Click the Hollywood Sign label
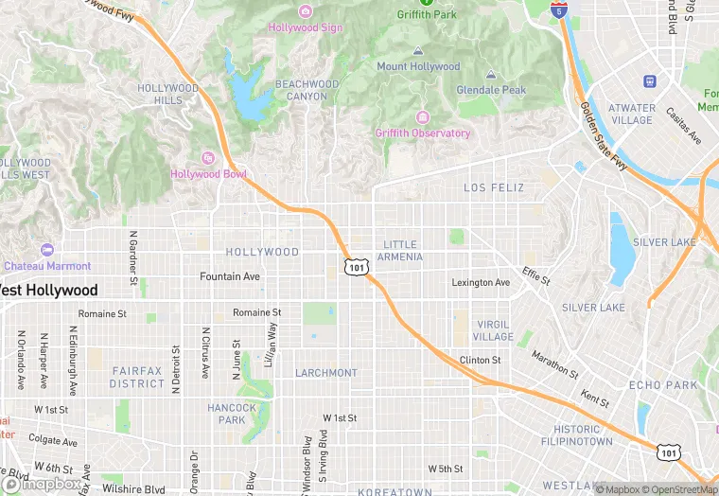tap(305, 27)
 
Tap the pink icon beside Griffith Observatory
tap(422, 117)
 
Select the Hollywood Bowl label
tap(208, 174)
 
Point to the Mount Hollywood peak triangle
tap(417, 51)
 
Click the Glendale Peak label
tap(491, 90)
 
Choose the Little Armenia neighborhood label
tap(397, 251)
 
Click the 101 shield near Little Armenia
tap(356, 268)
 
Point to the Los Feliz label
tap(493, 188)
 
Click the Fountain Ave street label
tap(229, 276)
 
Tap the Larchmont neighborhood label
tap(325, 373)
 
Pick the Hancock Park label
tap(232, 414)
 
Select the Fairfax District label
tap(137, 378)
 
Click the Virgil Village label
tap(493, 330)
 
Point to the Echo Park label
tap(663, 385)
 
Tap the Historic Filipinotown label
tap(576, 435)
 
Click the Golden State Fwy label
tap(605, 138)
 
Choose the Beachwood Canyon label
tap(307, 90)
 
